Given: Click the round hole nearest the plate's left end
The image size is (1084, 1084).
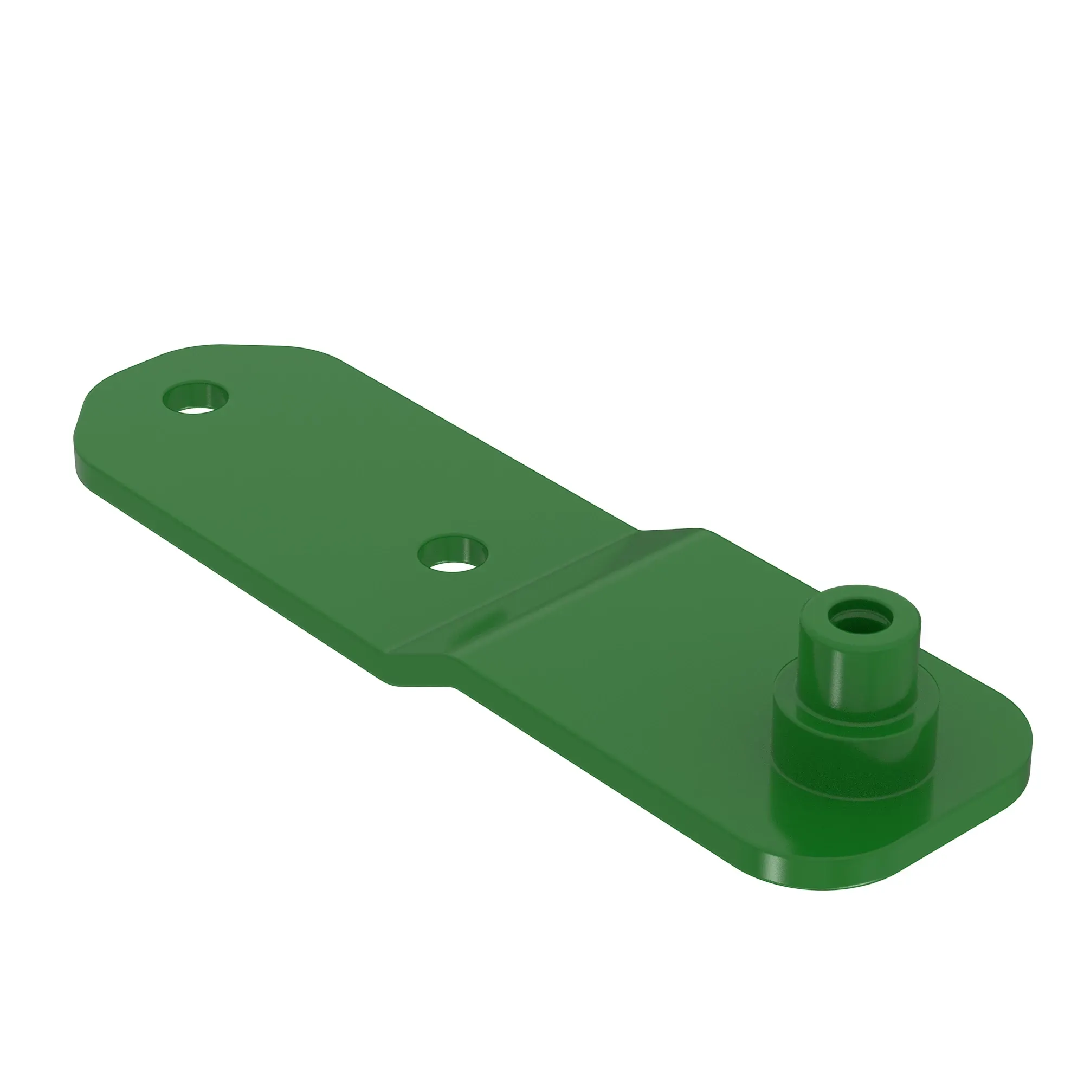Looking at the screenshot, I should [x=195, y=398].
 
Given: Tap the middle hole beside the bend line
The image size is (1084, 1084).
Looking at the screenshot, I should [x=453, y=554].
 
